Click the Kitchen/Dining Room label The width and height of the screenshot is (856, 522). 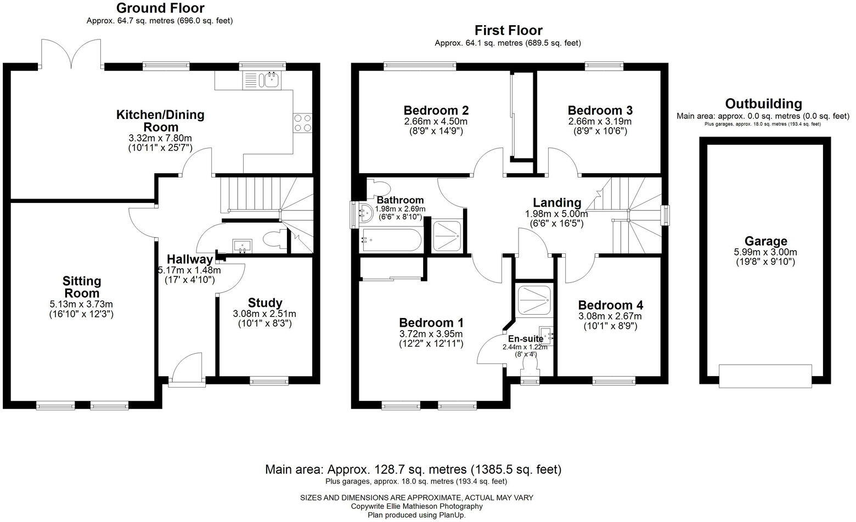coord(160,121)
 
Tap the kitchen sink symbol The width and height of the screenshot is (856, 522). coord(269,81)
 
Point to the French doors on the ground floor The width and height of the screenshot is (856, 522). coord(71,55)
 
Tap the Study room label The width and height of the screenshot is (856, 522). coord(265,303)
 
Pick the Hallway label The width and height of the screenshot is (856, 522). coord(189,259)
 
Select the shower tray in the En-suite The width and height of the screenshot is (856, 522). coord(533,299)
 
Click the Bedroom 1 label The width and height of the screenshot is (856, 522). coord(431,322)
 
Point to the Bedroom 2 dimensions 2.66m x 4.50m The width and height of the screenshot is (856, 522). coord(436,121)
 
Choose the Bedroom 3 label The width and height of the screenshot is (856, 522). coord(600,110)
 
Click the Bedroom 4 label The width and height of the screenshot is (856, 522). coord(610,305)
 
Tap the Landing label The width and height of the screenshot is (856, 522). coord(557,203)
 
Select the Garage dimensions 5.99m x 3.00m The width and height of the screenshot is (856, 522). coord(765,252)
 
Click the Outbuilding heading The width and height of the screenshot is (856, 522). coord(763,104)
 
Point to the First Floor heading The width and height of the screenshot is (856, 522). coord(508,30)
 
